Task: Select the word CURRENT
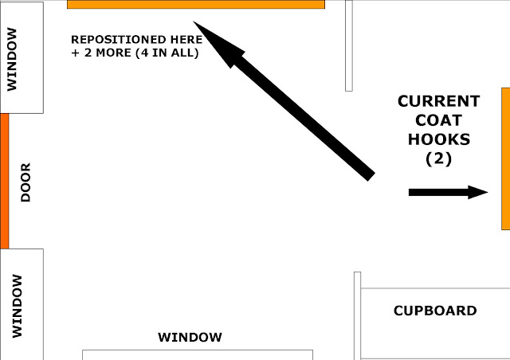coord(438,101)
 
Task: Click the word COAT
coord(438,120)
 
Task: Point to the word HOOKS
coord(438,139)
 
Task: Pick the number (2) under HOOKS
coord(438,158)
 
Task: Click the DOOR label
coord(25,182)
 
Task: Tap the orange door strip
coord(4,181)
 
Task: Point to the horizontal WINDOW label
coord(190,338)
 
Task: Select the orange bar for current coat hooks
coord(505,158)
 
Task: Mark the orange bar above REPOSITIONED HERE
coord(196,4)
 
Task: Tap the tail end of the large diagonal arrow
coord(367,173)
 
